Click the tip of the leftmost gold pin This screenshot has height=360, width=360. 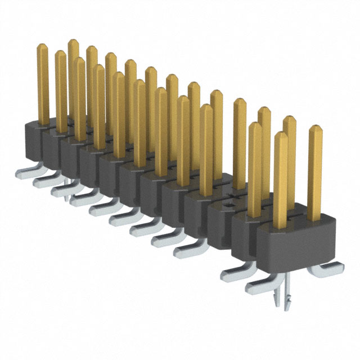[42, 48]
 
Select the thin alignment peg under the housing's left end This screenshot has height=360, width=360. [67, 194]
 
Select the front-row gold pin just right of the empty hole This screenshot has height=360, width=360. [254, 169]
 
